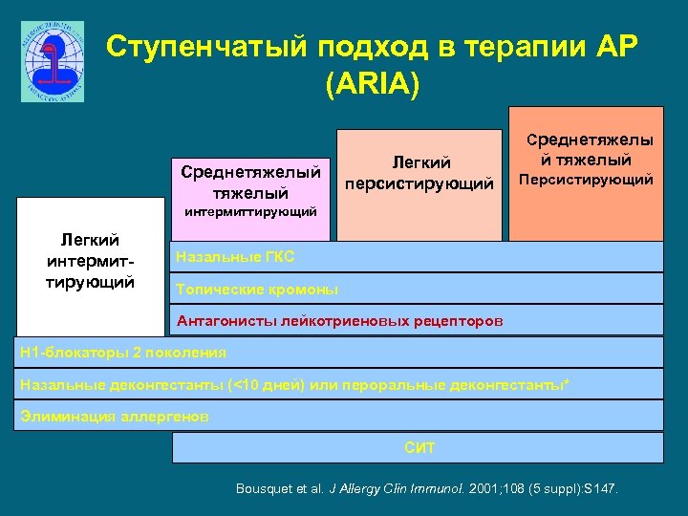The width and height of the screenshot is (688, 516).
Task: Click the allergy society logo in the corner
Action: point(53,61)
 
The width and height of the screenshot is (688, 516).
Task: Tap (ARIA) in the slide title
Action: point(372,85)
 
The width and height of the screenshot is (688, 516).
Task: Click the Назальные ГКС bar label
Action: point(234,257)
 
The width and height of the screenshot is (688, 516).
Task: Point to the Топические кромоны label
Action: point(256,289)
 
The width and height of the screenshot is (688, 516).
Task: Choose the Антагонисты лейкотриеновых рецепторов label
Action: point(339,320)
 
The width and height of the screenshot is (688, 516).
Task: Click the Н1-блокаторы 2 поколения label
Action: point(123,352)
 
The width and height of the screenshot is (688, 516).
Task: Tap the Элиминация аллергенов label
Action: point(114,416)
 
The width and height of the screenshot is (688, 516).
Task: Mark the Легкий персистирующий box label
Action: point(420,172)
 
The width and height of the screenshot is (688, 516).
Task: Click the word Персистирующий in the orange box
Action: point(585,180)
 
